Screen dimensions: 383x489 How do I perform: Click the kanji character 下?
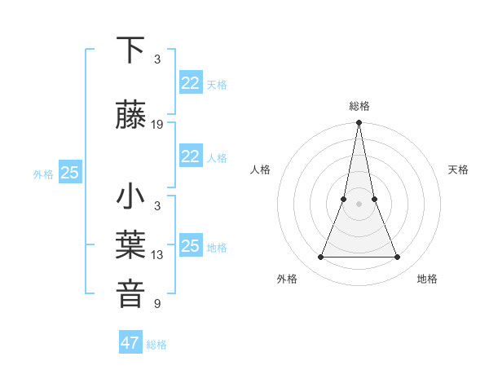point(131,51)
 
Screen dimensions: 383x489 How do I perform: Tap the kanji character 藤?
point(131,116)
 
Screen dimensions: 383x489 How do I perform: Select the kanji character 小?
point(131,198)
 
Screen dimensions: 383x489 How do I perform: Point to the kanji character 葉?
point(131,245)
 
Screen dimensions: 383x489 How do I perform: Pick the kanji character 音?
point(131,294)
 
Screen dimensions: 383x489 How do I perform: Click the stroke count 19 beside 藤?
point(157,125)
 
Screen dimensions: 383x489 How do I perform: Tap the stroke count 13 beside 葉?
point(157,255)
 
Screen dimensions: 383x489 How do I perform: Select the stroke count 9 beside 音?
point(157,304)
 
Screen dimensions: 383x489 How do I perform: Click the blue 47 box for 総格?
point(130,343)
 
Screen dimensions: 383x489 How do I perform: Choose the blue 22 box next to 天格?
point(191,83)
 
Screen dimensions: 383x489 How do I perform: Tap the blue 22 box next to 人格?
point(191,156)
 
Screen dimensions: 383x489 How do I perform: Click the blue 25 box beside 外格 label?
point(70,173)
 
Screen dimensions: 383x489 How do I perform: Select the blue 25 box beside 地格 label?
point(191,246)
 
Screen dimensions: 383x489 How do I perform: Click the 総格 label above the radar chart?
point(359,106)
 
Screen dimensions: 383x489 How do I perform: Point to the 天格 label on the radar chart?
point(458,169)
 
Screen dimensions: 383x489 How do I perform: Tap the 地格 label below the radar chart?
point(427,279)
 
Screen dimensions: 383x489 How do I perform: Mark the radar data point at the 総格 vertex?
point(359,124)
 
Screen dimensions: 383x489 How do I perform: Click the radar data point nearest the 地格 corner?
point(398,258)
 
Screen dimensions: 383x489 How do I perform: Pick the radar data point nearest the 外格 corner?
point(320,258)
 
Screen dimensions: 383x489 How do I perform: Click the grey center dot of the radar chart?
point(359,204)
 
